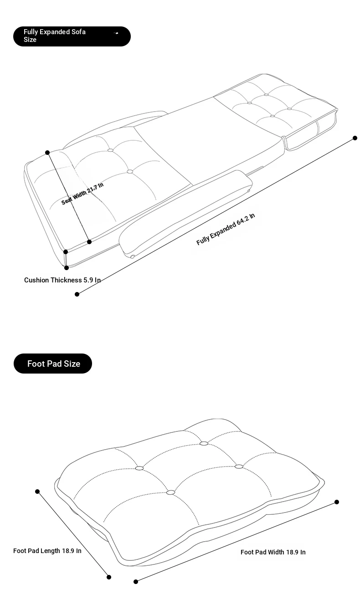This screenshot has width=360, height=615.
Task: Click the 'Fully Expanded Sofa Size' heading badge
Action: click(72, 36)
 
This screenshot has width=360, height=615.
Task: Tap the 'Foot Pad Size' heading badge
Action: click(53, 364)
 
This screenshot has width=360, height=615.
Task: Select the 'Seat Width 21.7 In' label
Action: click(82, 193)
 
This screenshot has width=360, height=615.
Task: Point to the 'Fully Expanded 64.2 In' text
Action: click(226, 229)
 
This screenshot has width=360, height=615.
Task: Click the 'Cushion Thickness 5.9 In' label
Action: click(62, 280)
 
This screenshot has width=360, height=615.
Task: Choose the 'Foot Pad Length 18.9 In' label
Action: click(47, 551)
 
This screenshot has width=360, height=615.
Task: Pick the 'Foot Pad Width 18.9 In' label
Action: click(273, 552)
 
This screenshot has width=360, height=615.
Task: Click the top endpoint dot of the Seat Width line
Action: click(47, 152)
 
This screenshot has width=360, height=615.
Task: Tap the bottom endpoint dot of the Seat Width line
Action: click(89, 242)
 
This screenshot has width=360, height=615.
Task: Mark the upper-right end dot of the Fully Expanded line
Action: click(355, 138)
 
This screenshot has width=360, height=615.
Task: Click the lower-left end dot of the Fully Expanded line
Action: click(77, 294)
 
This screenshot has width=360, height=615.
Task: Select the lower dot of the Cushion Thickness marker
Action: click(67, 268)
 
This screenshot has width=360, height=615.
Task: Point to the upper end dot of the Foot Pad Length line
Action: click(37, 492)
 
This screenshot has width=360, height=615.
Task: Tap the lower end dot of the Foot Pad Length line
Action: click(109, 577)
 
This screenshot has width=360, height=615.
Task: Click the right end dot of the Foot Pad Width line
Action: click(337, 502)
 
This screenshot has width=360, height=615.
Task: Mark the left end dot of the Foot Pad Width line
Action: click(136, 581)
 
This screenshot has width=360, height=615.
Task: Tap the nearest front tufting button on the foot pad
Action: click(170, 492)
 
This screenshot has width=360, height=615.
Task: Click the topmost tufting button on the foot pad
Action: click(204, 443)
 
